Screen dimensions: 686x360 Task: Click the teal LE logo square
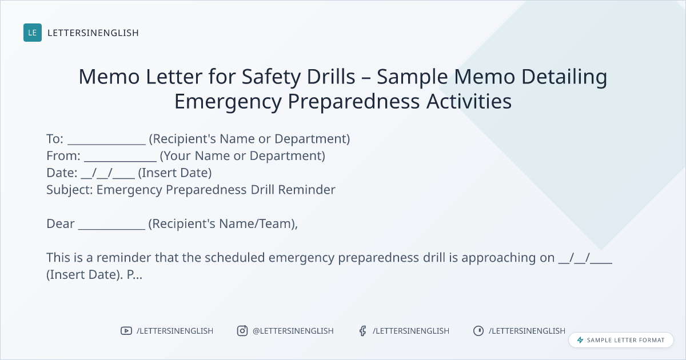(33, 33)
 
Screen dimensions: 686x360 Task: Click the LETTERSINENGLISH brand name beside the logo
(93, 33)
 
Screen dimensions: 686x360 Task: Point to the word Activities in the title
(469, 101)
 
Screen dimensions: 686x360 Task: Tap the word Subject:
(70, 190)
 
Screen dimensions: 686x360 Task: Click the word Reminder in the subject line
(306, 190)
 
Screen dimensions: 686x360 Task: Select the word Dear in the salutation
(61, 224)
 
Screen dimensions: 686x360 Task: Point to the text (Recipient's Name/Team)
(222, 224)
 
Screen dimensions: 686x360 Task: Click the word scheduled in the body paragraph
(234, 258)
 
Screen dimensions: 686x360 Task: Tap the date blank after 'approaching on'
(585, 258)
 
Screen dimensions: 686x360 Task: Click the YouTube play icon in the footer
(126, 331)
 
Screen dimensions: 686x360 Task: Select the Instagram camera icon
(242, 331)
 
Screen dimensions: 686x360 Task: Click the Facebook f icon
(362, 331)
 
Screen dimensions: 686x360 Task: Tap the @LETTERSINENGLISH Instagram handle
(293, 331)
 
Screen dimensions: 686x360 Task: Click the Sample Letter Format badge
(621, 340)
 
